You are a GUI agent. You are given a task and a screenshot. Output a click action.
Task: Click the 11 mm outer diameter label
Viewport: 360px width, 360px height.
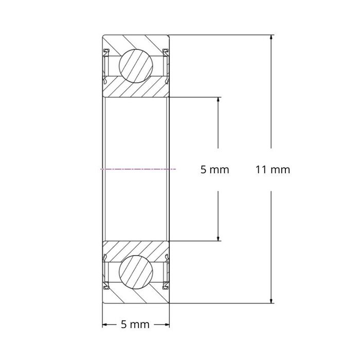(x=273, y=169)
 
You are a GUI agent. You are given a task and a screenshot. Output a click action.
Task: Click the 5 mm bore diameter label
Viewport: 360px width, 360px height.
(x=214, y=169)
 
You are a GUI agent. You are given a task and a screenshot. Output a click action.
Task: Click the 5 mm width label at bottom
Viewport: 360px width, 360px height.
(x=135, y=325)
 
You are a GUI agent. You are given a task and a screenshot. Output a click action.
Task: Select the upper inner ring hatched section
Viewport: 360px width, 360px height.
(x=136, y=89)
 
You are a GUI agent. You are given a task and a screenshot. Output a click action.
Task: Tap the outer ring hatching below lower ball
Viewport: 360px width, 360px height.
(x=136, y=297)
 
